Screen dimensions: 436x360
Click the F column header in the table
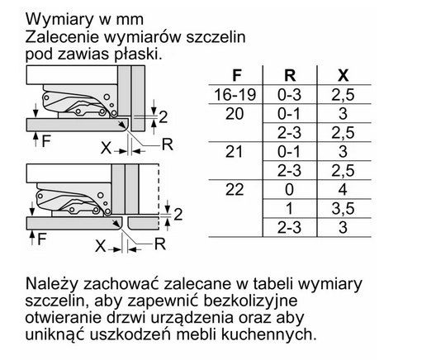pos(236,75)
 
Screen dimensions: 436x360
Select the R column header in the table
pos(290,75)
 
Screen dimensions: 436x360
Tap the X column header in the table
pos(344,75)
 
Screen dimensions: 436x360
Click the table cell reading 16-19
pos(235,94)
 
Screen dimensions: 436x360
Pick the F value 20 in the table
pos(235,114)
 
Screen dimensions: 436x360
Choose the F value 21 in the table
pos(234,152)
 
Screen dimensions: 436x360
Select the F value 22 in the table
pos(235,190)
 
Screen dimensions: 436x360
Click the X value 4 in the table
pos(343,190)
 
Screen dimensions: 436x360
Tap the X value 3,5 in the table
pos(343,209)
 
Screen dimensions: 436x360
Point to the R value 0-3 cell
pos(289,94)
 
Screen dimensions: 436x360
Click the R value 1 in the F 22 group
pos(289,209)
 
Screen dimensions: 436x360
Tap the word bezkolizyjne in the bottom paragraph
pos(250,301)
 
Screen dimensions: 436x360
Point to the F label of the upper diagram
pos(46,140)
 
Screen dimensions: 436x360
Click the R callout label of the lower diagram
pos(160,244)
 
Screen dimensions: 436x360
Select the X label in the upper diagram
pos(106,148)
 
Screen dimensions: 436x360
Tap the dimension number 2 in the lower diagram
pos(178,215)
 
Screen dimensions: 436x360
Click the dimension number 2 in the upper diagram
pos(163,117)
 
